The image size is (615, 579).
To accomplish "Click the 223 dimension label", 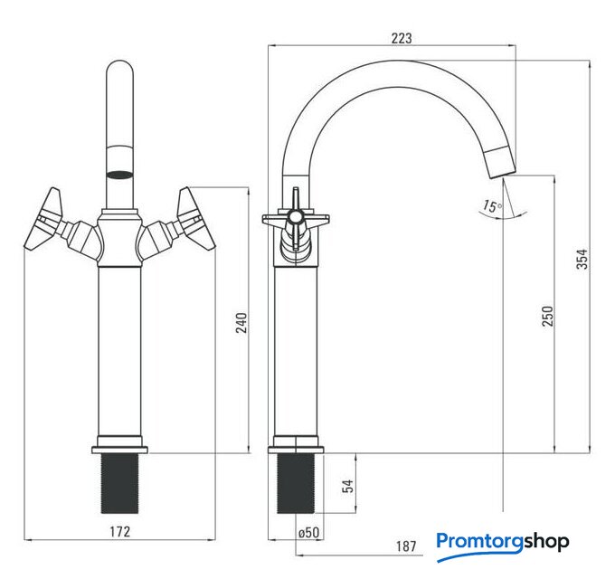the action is pos(402,38).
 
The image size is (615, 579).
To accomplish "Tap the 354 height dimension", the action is pos(582,259).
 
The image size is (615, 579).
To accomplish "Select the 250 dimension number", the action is pos(547,316).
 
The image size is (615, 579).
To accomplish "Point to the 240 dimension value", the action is pos(241,322).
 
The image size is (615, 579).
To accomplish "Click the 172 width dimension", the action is pos(119,532).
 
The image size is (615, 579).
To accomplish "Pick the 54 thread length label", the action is pos(348,486).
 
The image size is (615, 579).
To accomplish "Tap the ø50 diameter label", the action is pos(308,532).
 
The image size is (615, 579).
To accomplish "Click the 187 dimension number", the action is pos(406,546).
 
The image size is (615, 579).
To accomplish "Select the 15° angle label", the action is pos(492,206).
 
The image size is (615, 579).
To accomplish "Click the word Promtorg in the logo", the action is pos(480,542).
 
